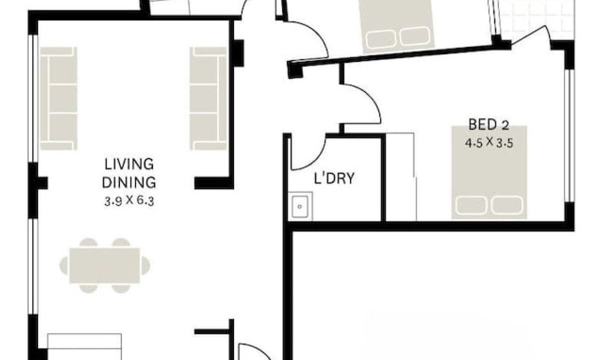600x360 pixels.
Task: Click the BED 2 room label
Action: pos(488,124)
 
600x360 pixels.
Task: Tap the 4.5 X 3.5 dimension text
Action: pos(489,143)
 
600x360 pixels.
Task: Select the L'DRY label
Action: pos(334,178)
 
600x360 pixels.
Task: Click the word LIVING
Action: pos(129,164)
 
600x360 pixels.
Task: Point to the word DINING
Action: pos(129,182)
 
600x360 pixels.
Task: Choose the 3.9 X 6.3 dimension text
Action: pos(129,201)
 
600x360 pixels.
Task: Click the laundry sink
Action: pos(300,206)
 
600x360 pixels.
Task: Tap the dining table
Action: pos(104,265)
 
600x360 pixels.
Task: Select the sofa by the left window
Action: pos(58,98)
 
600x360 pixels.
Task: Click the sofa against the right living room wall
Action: pos(208,98)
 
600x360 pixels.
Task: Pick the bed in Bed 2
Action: pos(489,172)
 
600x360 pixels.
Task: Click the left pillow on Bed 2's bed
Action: pos(471,205)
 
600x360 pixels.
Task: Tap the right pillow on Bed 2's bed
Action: pos(507,205)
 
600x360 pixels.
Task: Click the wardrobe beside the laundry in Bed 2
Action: pos(401,177)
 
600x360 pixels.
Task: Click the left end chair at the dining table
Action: pos(64,265)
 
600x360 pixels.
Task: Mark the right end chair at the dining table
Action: pos(145,265)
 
